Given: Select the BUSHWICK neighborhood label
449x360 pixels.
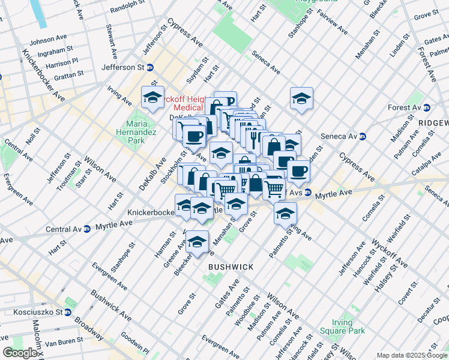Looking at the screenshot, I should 231,266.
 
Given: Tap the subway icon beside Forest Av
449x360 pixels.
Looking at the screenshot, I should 427,108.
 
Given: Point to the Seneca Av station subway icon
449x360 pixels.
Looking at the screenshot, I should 363,136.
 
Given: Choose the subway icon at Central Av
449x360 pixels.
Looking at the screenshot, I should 88,228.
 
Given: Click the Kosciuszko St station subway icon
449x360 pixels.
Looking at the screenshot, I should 68,312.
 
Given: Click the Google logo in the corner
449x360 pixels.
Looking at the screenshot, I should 20,353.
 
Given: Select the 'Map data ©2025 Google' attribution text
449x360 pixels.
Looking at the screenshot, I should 411,355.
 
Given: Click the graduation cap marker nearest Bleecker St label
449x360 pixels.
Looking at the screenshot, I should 197,242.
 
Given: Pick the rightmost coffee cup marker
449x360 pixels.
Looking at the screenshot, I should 298,171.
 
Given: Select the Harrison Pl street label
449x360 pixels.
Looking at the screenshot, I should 62,62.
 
